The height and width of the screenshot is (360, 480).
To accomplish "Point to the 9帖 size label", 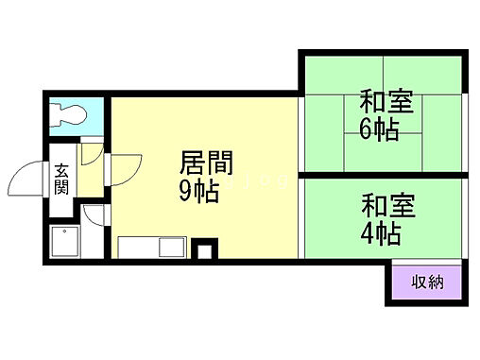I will click(199, 192).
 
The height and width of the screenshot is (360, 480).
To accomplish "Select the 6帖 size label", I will click(378, 129).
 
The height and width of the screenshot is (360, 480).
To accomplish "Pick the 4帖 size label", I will click(380, 232).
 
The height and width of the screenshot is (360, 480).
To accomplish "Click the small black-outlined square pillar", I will click(202, 250).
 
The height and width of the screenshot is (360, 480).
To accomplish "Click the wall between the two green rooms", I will click(382, 174).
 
